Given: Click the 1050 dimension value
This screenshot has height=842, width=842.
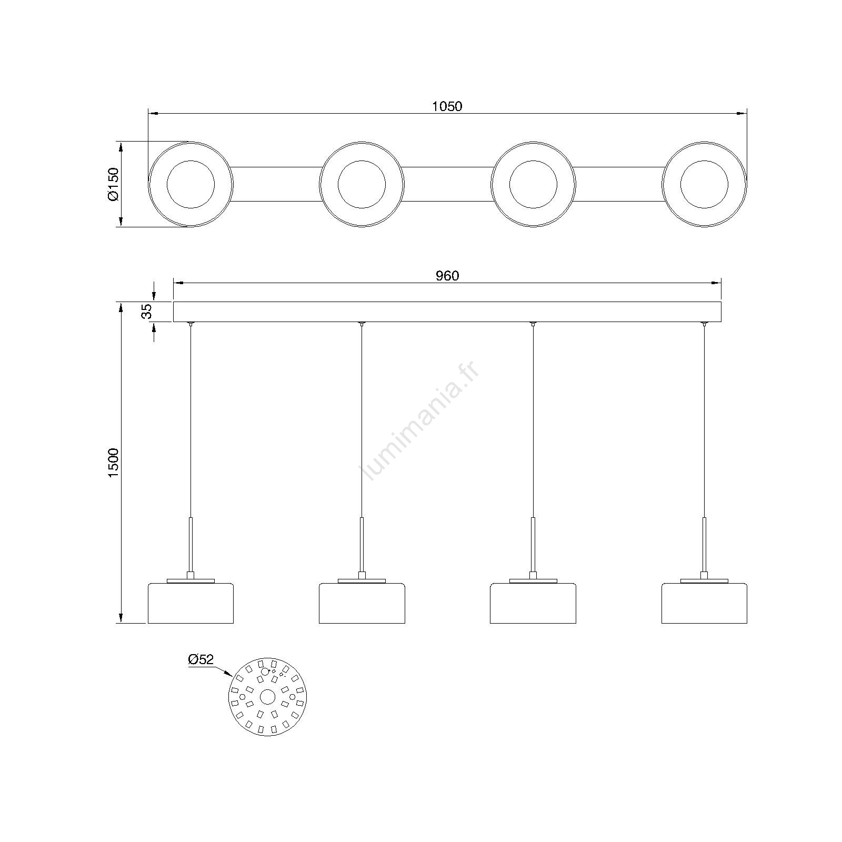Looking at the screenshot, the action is coord(447,106).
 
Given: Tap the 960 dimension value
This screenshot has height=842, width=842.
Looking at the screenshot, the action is coord(447,276).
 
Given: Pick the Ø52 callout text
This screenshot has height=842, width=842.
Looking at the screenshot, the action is coord(201,659).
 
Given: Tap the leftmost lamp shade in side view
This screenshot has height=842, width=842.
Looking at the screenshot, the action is coord(191,603).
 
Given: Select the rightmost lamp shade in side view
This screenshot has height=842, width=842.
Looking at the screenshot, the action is coord(704,603).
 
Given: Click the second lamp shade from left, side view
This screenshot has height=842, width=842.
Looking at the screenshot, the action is coord(362,603).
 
